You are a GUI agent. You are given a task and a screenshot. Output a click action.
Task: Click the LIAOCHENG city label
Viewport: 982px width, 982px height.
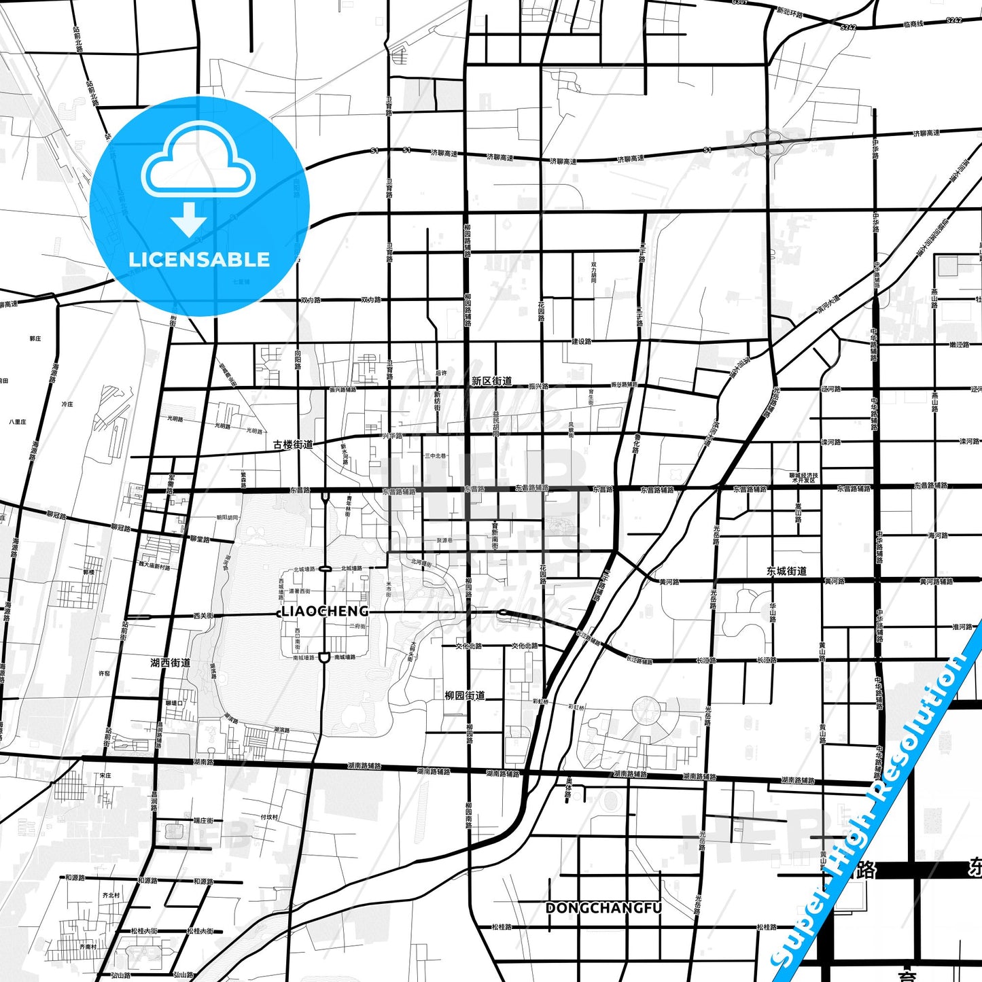(x=325, y=611)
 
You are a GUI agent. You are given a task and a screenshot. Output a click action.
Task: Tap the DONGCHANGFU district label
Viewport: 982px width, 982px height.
(x=603, y=908)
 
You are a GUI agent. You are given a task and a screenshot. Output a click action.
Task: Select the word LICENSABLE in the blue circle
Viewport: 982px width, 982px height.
(x=199, y=260)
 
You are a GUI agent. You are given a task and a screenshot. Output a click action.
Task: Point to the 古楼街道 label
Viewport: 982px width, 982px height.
(x=293, y=444)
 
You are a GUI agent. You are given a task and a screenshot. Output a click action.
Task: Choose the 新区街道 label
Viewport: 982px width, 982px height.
(x=491, y=381)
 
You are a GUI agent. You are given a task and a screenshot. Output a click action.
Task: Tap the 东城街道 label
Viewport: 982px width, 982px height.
(x=786, y=572)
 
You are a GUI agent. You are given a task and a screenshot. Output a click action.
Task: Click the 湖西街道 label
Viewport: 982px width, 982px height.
(x=170, y=663)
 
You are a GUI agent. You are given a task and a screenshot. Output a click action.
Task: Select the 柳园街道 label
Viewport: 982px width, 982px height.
(x=465, y=695)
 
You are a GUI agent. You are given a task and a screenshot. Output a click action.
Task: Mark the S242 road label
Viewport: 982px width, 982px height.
(x=849, y=27)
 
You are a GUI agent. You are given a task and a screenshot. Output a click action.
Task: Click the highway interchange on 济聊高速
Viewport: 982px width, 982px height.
(x=766, y=143)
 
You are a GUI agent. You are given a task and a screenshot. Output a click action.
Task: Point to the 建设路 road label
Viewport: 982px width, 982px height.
(x=581, y=341)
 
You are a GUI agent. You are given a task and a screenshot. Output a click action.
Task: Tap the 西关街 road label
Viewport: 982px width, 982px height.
(x=203, y=616)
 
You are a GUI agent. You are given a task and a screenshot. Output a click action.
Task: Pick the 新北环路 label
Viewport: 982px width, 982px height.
(x=789, y=13)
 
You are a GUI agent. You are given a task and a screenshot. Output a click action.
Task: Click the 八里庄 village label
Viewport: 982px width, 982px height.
(x=18, y=422)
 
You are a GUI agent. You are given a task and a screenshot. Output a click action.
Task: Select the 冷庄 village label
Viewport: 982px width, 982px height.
(x=67, y=404)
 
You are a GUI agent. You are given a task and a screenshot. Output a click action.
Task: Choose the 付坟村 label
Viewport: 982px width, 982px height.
(x=269, y=818)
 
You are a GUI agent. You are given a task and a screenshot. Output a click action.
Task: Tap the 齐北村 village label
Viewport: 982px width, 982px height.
(x=111, y=896)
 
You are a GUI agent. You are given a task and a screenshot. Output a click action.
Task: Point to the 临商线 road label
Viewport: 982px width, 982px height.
(x=913, y=24)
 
